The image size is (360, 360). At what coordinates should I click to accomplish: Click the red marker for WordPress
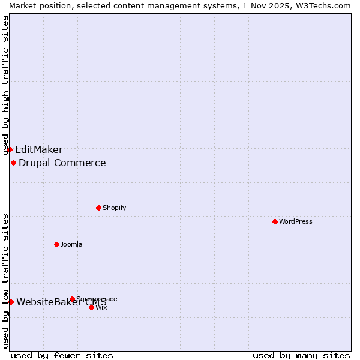tap(275, 221)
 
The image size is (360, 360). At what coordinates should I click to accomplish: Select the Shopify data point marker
tap(98, 208)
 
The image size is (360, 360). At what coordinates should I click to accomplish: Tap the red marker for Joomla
tap(56, 244)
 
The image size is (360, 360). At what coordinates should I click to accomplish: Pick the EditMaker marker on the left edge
tap(10, 149)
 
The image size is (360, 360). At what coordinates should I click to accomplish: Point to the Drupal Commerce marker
tap(13, 163)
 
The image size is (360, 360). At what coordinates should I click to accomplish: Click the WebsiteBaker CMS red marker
tap(11, 302)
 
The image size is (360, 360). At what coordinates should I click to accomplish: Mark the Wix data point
tap(91, 307)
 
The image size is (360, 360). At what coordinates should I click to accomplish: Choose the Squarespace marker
tap(72, 299)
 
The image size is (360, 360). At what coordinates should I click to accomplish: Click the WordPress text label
tap(296, 221)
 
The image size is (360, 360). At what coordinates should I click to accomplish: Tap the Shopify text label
tap(115, 208)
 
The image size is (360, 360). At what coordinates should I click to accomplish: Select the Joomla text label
tap(71, 244)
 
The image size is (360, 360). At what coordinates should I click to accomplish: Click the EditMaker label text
tap(39, 150)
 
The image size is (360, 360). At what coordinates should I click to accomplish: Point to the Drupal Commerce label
tap(62, 163)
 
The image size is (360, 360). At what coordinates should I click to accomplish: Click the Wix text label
tap(101, 307)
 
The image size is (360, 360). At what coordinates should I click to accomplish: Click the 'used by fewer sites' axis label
tap(62, 355)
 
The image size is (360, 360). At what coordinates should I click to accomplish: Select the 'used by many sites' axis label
tap(301, 355)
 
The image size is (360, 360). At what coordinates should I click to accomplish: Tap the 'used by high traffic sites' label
tap(5, 86)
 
